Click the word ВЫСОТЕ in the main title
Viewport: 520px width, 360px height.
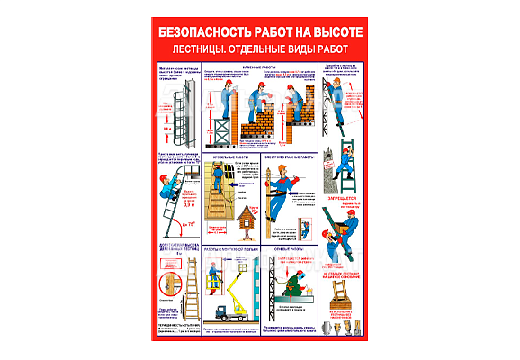point(332,29)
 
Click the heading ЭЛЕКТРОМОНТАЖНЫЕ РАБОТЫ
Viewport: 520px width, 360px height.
point(290,157)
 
